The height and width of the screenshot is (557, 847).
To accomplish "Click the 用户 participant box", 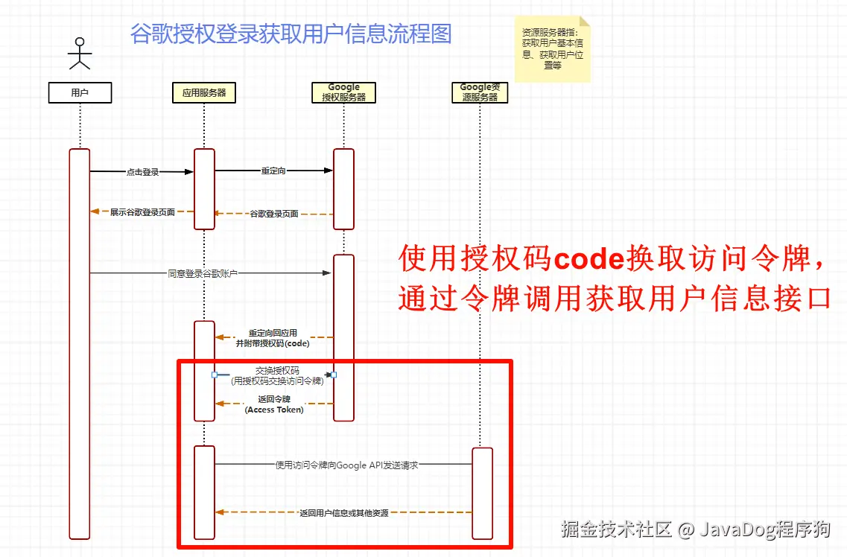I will pos(80,92).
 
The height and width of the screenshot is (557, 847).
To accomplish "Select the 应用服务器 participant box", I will pos(204,92).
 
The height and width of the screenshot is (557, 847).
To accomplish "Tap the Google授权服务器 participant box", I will pos(343,92).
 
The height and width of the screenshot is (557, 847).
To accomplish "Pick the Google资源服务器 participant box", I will pos(480,92).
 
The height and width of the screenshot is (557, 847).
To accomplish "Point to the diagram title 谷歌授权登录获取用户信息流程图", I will pos(291,34).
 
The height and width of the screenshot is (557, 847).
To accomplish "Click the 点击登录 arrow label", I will pos(142,172).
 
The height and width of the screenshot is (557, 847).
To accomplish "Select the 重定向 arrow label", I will pos(273,171).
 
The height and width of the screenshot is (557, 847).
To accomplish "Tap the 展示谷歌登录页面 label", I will pos(142,212).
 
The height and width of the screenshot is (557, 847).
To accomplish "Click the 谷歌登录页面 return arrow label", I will pos(273,214).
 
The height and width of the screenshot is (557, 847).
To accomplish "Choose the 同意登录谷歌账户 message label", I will pos(203,273).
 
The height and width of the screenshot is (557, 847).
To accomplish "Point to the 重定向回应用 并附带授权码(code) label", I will pos(273,338).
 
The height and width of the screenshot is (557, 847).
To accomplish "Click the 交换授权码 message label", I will pos(276,375).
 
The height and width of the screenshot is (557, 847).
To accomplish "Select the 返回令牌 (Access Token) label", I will pos(274,404).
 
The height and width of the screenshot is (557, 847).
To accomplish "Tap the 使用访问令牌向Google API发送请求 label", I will pos(346,465).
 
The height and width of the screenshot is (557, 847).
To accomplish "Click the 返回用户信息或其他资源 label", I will pos(343,512).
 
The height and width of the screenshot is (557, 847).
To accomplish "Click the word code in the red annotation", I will pos(589,259).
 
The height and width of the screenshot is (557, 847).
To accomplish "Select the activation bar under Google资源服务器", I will pos(482,492).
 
